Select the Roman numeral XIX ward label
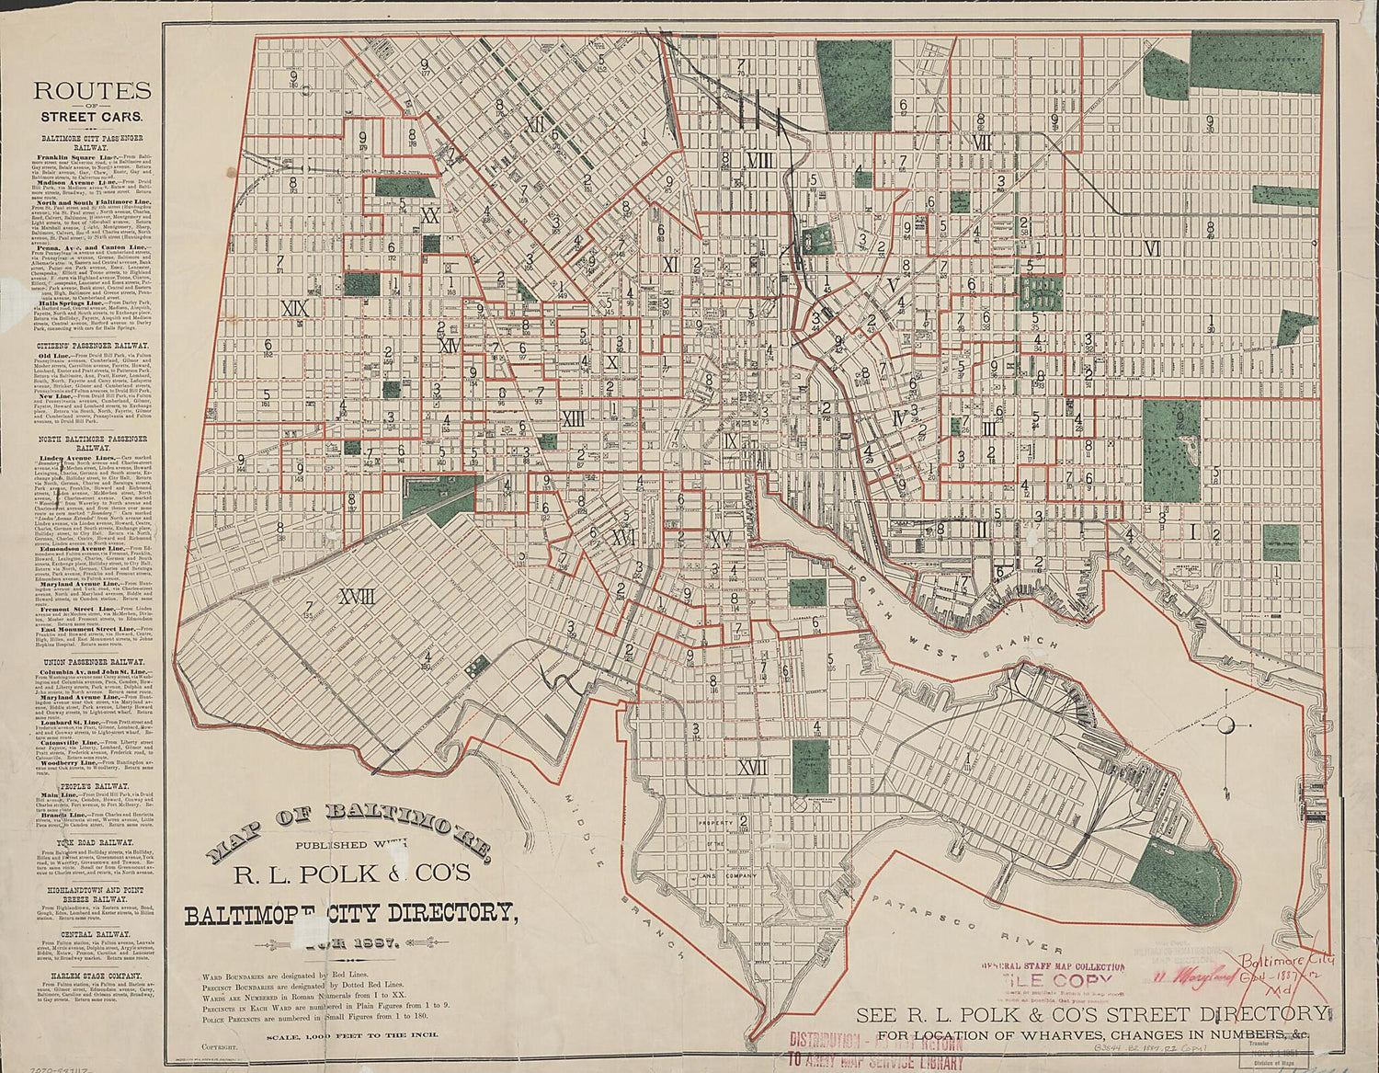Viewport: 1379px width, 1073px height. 295,308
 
